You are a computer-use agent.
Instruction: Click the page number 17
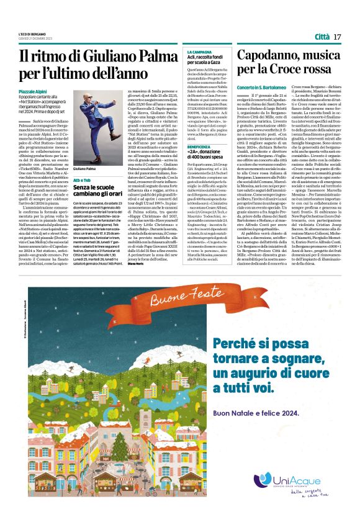338,37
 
